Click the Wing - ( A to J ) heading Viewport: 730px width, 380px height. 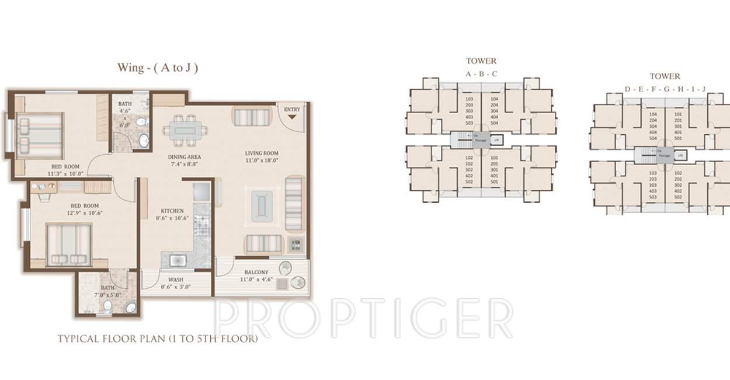click(x=158, y=68)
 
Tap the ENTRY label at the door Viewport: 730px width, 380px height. click(x=292, y=110)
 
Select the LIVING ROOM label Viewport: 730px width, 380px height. click(x=262, y=154)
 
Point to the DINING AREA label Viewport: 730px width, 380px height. click(x=185, y=156)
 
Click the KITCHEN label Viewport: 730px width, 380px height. click(x=172, y=211)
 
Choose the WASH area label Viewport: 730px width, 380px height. click(x=175, y=280)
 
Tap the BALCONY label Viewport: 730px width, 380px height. click(x=256, y=272)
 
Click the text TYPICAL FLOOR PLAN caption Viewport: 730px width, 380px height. click(x=157, y=338)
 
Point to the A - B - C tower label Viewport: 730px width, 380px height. click(x=481, y=74)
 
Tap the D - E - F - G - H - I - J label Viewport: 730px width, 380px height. click(x=665, y=89)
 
